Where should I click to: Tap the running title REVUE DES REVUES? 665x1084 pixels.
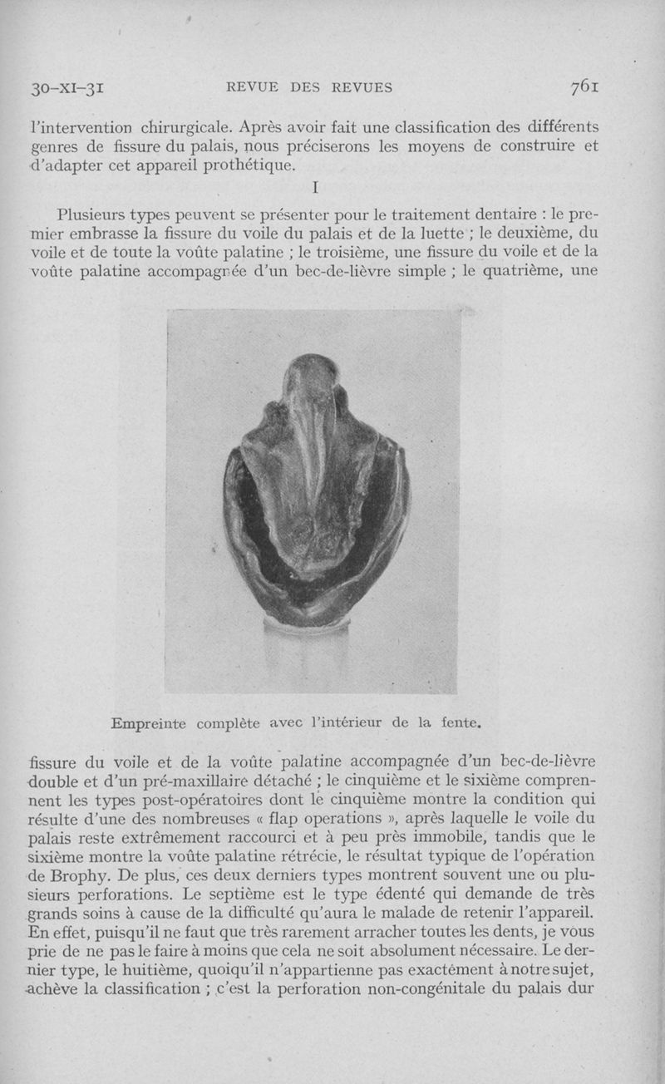click(x=309, y=87)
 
